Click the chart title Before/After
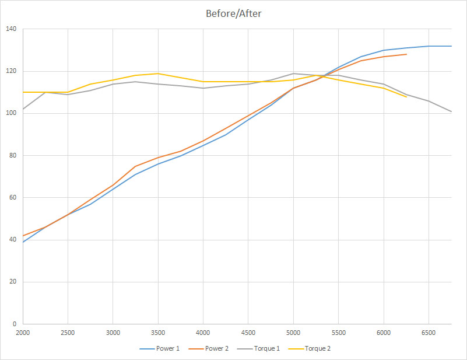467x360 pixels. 233,13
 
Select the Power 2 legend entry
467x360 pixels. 212,349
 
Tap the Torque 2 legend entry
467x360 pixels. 318,349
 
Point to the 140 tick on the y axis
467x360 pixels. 11,29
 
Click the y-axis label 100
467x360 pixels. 11,113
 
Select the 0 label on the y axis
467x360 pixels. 15,324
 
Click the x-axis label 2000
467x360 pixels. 23,333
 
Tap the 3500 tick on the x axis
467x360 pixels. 158,333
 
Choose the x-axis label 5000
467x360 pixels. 293,333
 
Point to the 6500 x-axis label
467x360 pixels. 429,333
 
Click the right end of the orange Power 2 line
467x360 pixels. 406,54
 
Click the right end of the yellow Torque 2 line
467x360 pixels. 406,97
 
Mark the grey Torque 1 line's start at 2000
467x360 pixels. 23,109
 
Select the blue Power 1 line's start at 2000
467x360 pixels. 23,242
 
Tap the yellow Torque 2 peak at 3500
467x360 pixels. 158,74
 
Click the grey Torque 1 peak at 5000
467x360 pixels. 293,74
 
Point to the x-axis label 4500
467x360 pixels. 248,333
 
